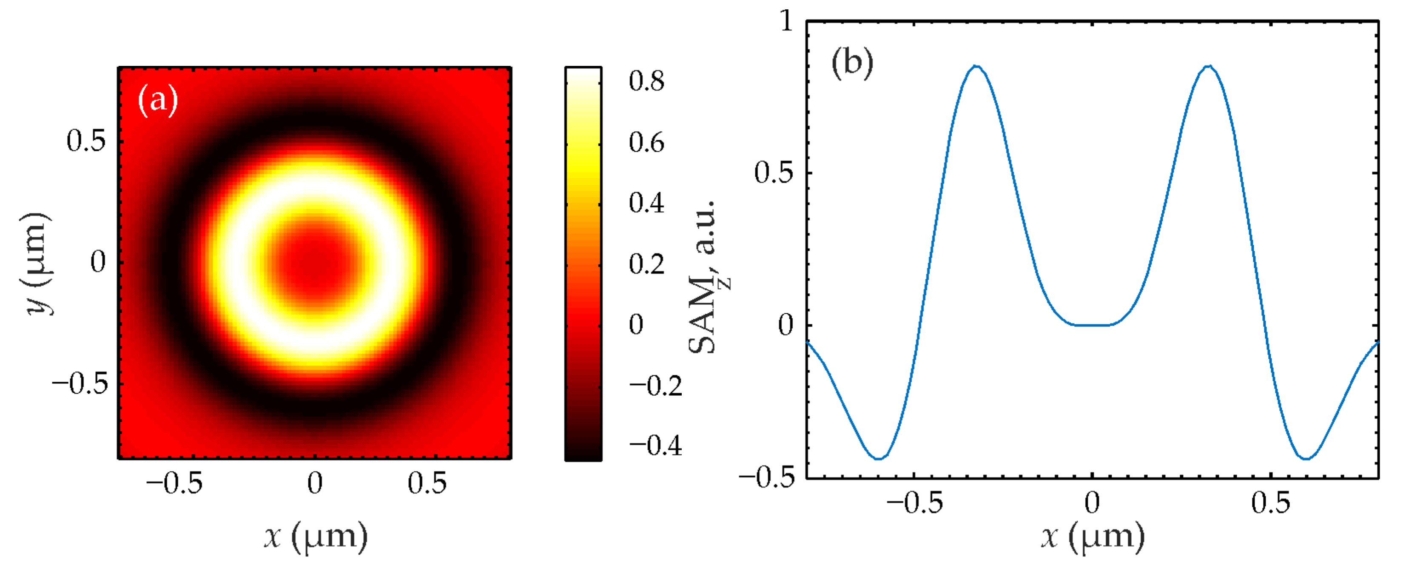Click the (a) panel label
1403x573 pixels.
[x=158, y=100]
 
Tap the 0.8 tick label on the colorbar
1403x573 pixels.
[x=646, y=81]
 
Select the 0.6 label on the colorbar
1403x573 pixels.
[x=646, y=142]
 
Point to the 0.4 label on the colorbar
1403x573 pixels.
[x=646, y=203]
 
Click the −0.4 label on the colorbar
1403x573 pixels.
[x=655, y=445]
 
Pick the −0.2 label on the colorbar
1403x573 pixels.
[x=655, y=385]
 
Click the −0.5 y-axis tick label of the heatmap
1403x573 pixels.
[x=80, y=384]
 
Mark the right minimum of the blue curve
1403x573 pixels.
[x=1306, y=459]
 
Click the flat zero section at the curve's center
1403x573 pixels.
[x=1093, y=325]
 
